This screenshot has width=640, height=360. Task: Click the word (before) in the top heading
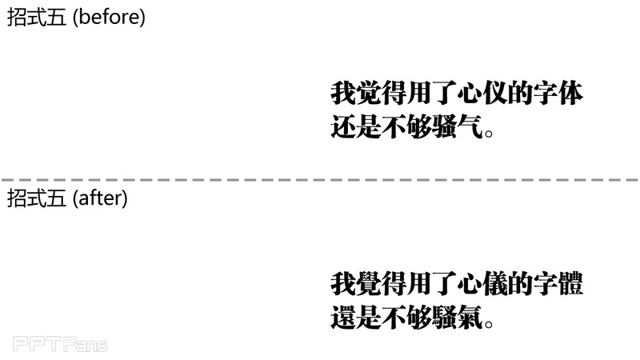point(109,18)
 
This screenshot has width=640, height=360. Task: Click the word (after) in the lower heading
point(100,198)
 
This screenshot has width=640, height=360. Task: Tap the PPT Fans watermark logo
point(60,344)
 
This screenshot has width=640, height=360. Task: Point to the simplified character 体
point(571,94)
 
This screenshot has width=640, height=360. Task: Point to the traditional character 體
point(571,284)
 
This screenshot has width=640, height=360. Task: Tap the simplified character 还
point(343,127)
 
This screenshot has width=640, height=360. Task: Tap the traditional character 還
point(343,317)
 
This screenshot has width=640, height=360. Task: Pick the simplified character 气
point(470,127)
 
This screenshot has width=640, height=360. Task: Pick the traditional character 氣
point(470,317)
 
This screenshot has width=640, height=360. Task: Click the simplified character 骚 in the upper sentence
point(445,127)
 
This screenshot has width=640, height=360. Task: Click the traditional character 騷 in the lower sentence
point(445,317)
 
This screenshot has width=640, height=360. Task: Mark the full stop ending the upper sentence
point(489,133)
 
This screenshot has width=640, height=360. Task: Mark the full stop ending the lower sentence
point(489,323)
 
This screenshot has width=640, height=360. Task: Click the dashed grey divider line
point(320,179)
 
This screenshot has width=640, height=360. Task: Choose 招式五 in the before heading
point(37,18)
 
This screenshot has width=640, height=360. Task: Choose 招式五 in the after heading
point(37,198)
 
